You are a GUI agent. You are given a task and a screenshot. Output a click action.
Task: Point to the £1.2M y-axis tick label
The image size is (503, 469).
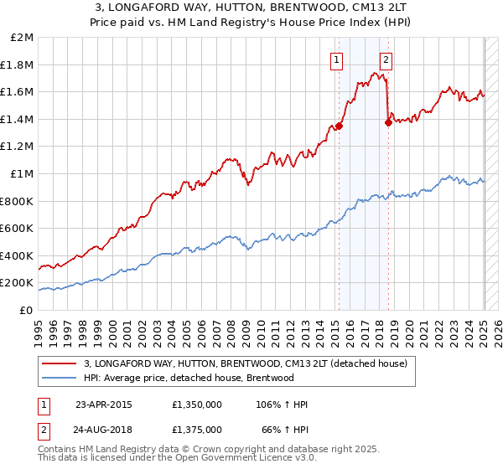18,147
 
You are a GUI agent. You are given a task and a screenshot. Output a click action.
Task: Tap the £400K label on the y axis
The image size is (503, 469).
17,255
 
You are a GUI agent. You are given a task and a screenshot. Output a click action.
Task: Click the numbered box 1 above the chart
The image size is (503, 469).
336,59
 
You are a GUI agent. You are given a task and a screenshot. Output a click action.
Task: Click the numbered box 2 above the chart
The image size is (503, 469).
386,59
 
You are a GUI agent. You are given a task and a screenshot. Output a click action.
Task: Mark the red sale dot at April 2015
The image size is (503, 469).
340,126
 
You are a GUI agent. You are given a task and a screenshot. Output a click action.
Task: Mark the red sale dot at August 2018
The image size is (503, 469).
388,123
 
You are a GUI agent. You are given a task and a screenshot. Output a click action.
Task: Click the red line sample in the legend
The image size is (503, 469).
60,363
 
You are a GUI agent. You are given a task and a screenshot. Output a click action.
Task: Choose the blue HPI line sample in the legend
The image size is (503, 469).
60,378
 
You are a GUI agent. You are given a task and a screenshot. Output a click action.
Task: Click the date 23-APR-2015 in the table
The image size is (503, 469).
103,405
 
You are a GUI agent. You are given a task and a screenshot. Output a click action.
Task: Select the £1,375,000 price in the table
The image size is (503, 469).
195,429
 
